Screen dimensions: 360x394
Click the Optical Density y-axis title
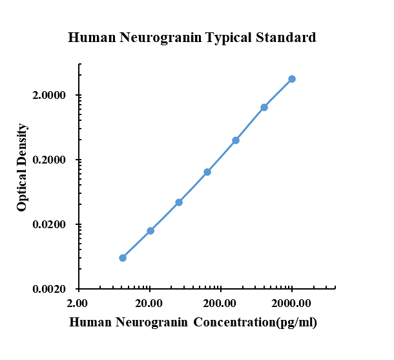[23, 167]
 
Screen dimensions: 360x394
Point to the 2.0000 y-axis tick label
[53, 96]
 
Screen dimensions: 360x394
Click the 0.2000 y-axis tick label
[53, 160]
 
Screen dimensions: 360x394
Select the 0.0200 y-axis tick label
[53, 225]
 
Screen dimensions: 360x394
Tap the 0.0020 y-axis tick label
[53, 290]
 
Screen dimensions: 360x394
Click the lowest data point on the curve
[123, 258]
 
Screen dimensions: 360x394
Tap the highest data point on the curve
[292, 79]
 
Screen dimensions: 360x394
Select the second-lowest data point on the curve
[150, 231]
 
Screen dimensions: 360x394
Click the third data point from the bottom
[179, 202]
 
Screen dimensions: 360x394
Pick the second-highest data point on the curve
[264, 107]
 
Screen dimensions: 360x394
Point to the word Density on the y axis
[23, 145]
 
